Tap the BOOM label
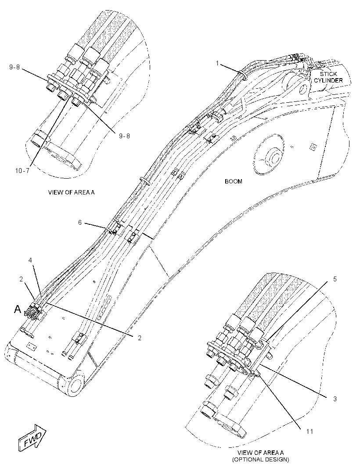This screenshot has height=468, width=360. (234, 181)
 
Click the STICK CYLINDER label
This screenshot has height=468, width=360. (328, 77)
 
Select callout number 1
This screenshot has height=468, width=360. (218, 63)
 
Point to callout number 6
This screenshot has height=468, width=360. (80, 223)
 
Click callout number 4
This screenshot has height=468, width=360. (30, 260)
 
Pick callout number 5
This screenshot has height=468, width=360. (335, 279)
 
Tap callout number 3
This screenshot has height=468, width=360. (335, 399)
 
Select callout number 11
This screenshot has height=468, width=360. (310, 431)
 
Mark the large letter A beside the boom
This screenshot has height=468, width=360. (18, 310)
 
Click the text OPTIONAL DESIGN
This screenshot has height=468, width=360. (260, 459)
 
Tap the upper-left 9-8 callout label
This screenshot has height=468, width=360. (14, 67)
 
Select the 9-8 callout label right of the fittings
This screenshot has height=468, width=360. (125, 136)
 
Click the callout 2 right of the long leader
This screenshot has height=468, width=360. (140, 338)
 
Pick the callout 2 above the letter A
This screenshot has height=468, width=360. (21, 279)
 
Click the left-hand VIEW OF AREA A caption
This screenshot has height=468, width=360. (72, 192)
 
